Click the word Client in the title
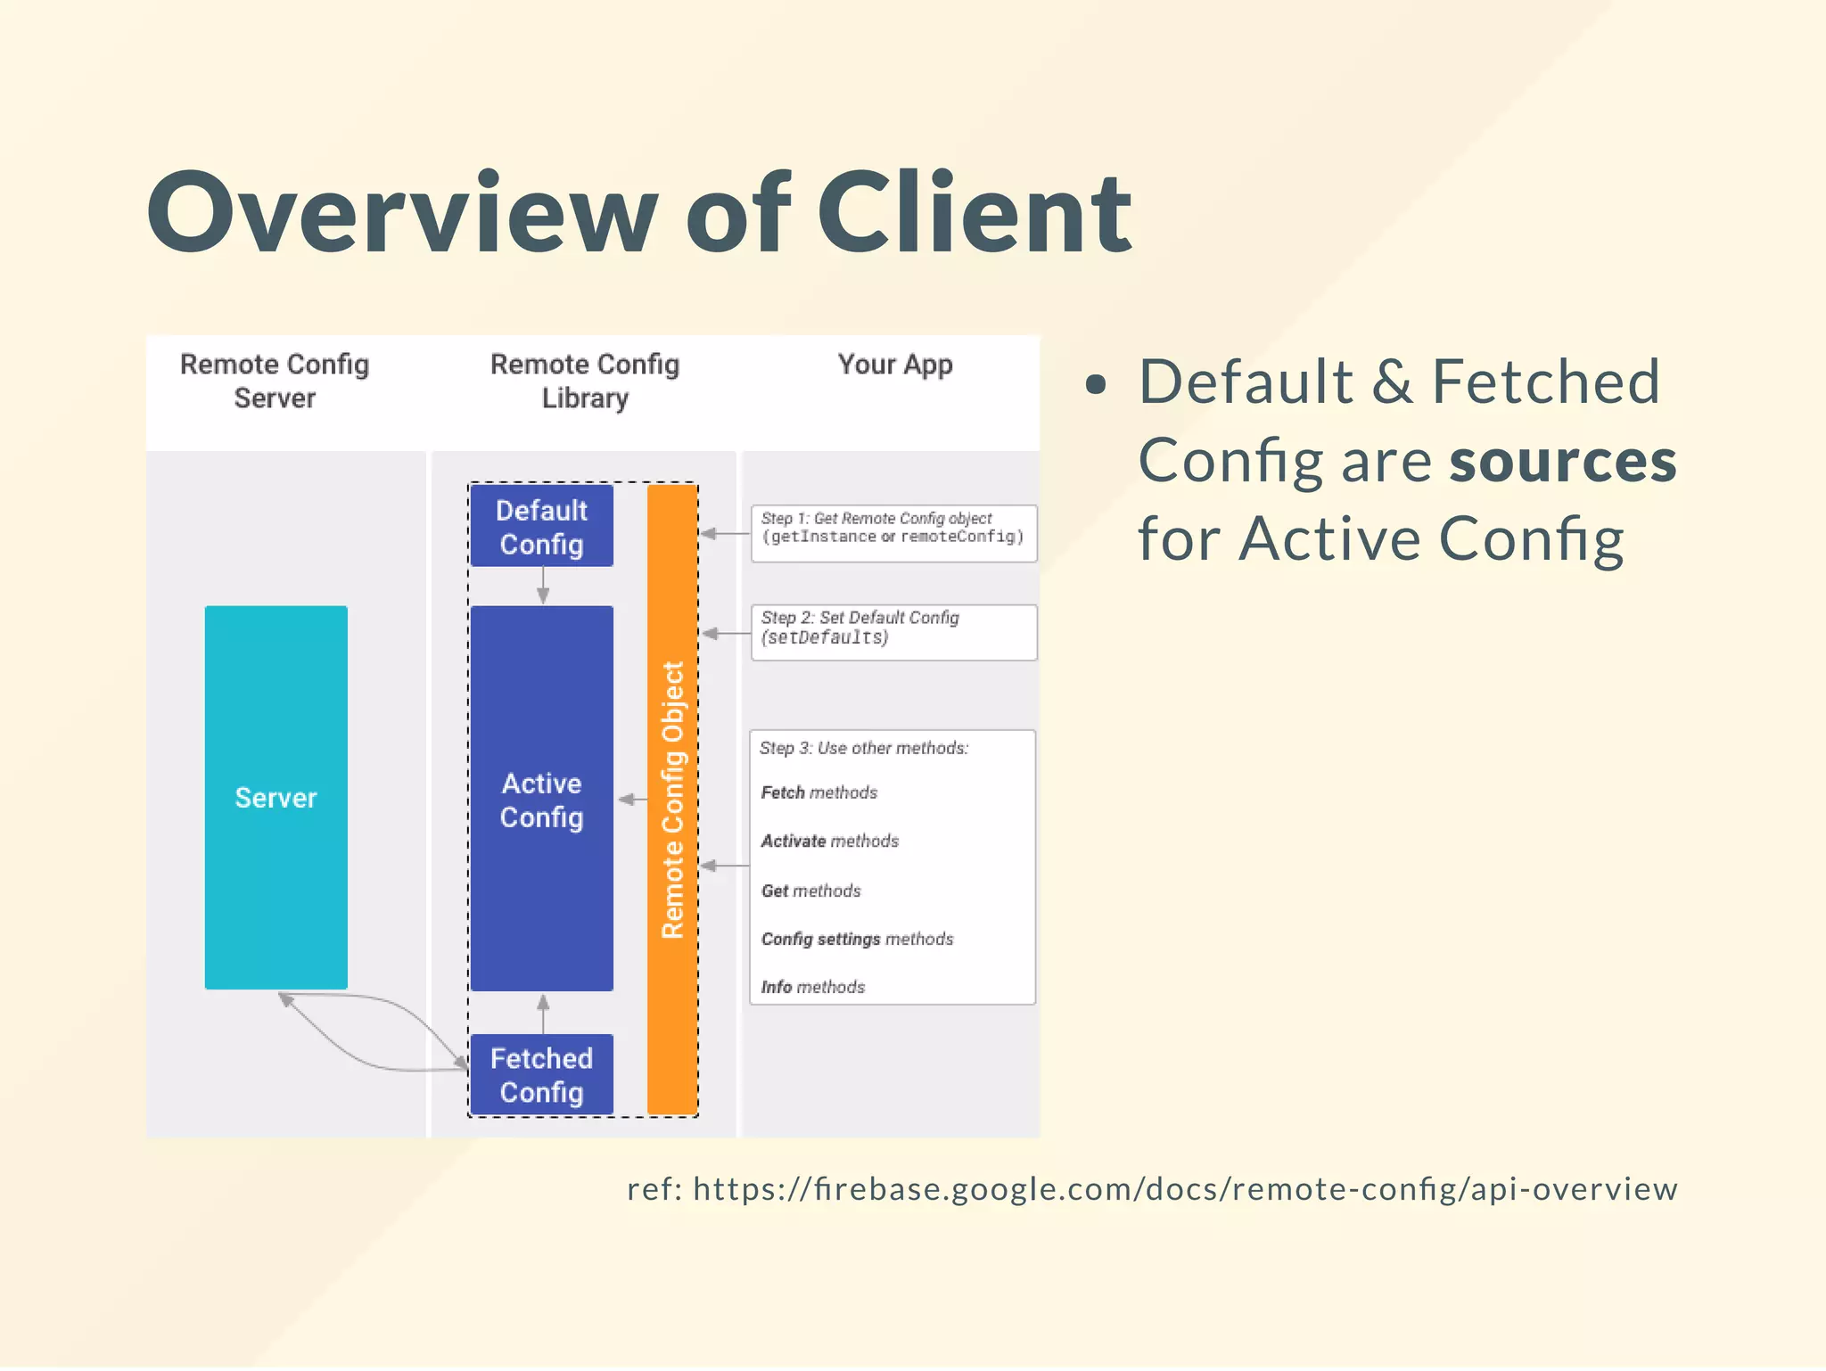click(974, 214)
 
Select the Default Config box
click(541, 526)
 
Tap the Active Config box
click(541, 799)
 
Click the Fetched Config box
click(541, 1074)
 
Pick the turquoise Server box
click(276, 797)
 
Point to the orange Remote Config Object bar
click(672, 799)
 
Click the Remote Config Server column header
click(275, 381)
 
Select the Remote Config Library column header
click(585, 381)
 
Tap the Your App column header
click(894, 365)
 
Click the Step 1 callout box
click(893, 533)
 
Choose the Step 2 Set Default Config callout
click(893, 632)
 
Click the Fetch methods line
click(819, 792)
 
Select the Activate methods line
click(829, 841)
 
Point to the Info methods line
click(812, 987)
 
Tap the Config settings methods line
click(857, 939)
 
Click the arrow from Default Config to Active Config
click(543, 586)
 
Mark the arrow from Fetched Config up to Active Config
click(543, 1013)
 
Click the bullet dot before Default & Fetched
click(1096, 384)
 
